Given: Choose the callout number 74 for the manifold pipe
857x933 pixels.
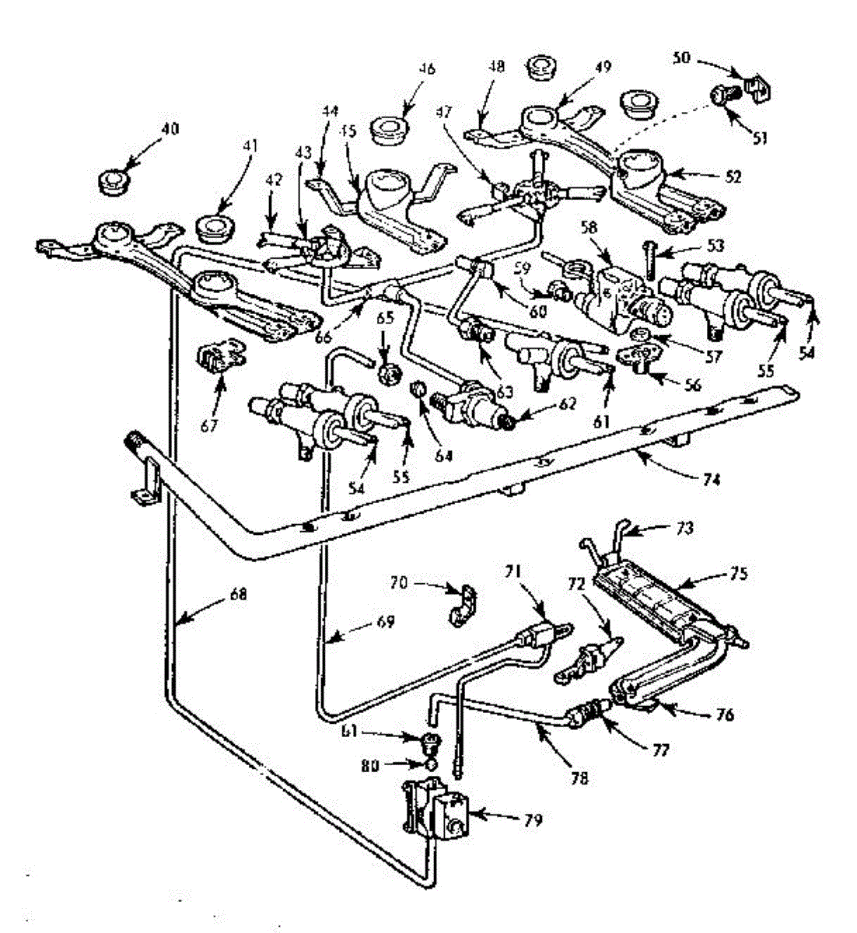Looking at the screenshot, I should pyautogui.click(x=711, y=480).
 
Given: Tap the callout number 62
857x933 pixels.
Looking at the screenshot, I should pyautogui.click(x=567, y=404).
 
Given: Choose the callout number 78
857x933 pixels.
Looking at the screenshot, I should pyautogui.click(x=579, y=776).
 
